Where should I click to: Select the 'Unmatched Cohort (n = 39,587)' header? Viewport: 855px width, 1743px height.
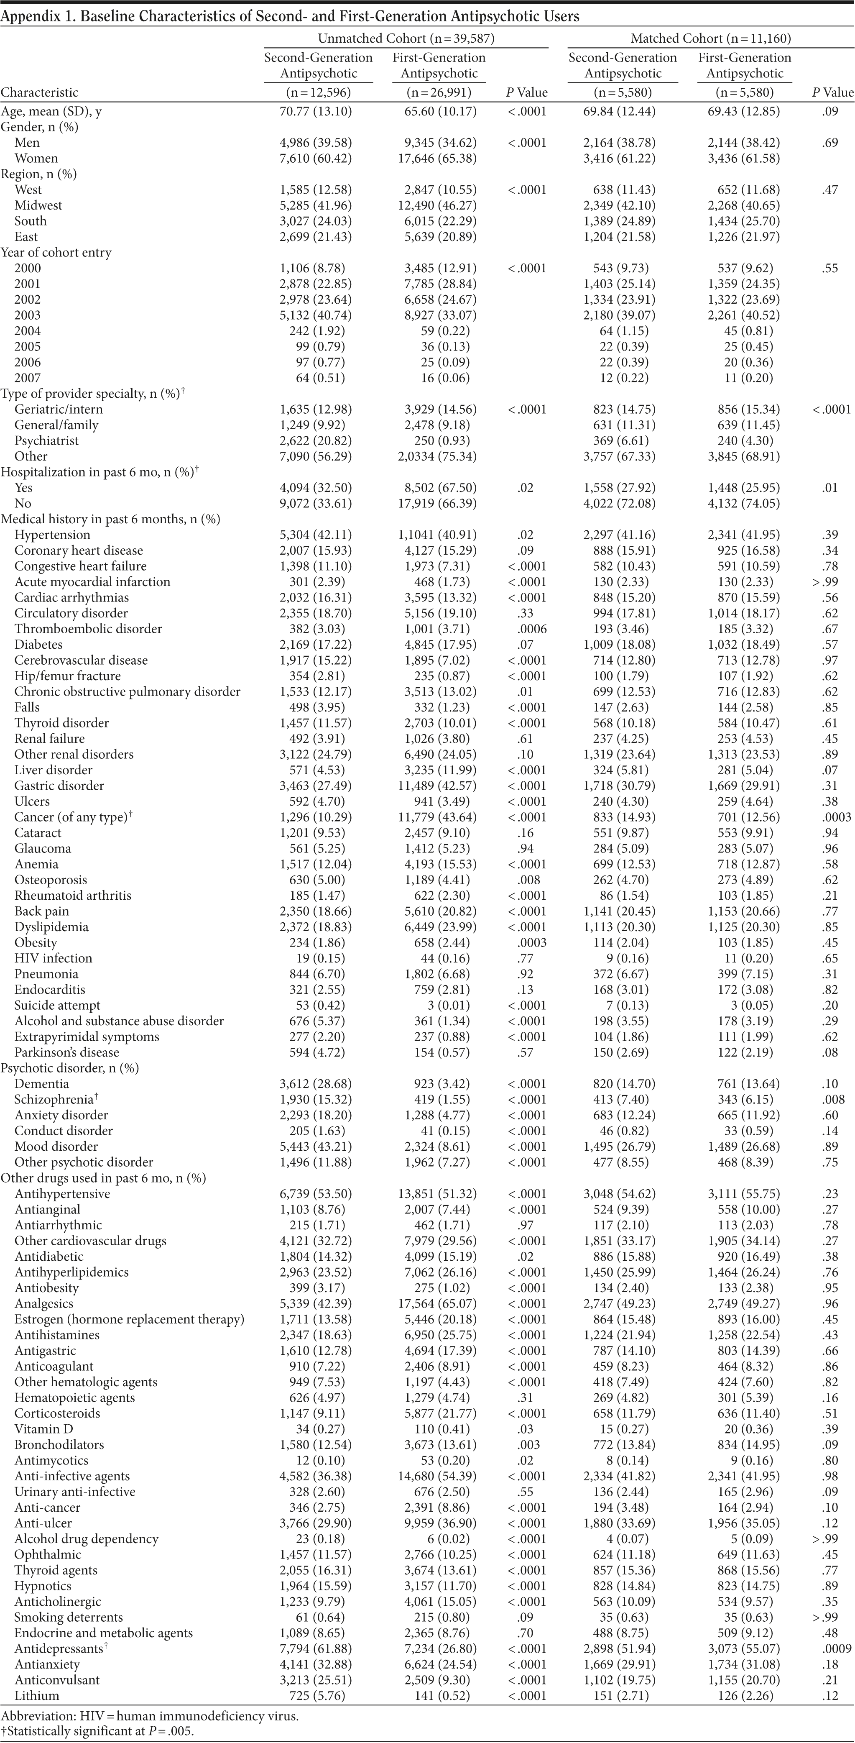(406, 38)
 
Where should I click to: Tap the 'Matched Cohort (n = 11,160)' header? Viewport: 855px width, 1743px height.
(710, 38)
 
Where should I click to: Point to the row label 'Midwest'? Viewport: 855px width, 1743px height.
(38, 205)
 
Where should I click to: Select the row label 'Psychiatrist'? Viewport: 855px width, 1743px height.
(46, 440)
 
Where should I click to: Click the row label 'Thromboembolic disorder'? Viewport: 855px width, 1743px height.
(88, 629)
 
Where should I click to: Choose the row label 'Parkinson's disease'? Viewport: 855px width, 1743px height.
(66, 1052)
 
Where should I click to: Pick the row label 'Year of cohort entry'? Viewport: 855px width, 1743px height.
(56, 252)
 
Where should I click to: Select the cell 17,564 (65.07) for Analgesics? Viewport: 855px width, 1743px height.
(438, 1303)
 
